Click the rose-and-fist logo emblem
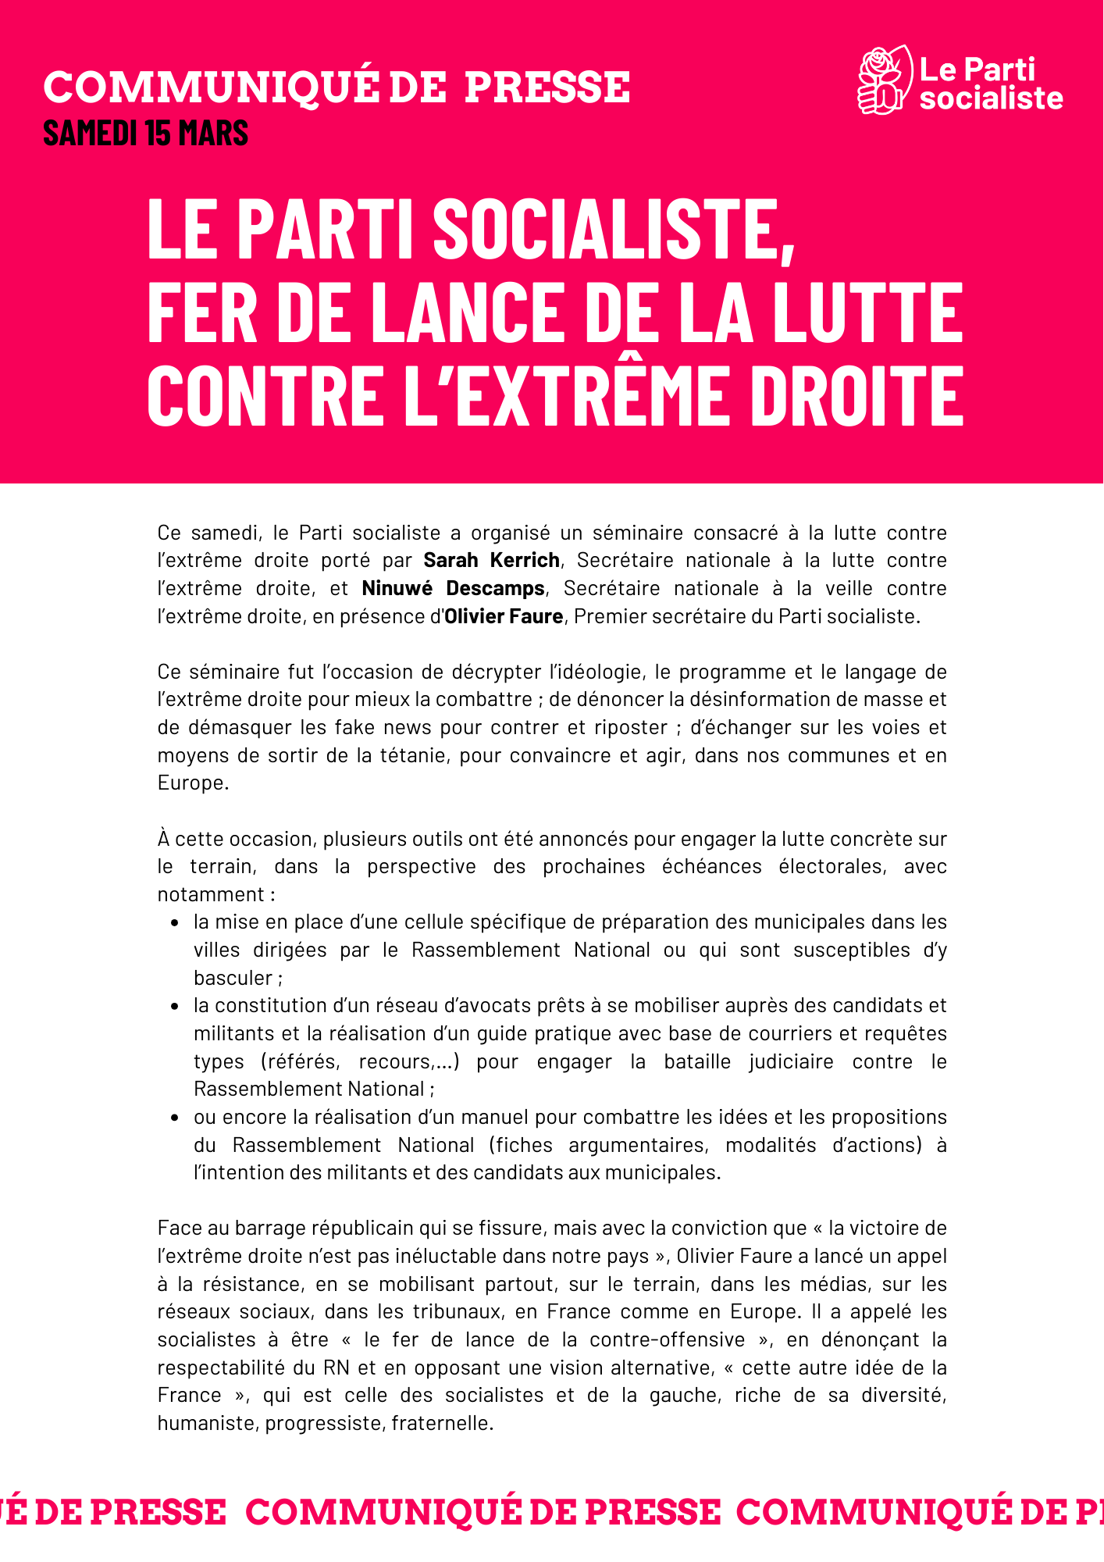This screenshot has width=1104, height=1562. [x=884, y=80]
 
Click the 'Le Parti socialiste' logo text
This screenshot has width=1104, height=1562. [x=990, y=84]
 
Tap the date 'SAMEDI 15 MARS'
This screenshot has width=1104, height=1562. [x=146, y=134]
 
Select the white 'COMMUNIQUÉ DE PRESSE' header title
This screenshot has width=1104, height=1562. [x=337, y=87]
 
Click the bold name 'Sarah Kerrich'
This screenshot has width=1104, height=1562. [x=491, y=560]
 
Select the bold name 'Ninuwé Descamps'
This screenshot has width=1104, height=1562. [x=453, y=588]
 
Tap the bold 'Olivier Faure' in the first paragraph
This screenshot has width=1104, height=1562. [x=504, y=616]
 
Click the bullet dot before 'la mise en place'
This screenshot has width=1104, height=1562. [x=175, y=922]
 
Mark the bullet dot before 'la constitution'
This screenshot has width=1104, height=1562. [x=175, y=1006]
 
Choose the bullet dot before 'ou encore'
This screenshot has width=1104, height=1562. [x=175, y=1118]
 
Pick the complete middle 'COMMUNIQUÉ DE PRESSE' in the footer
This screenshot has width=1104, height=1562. [x=483, y=1513]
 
